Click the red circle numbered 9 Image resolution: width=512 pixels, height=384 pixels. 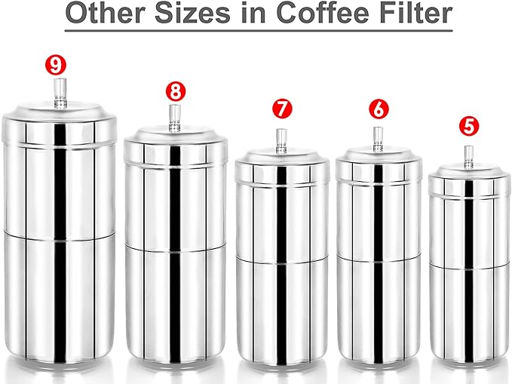coord(54,64)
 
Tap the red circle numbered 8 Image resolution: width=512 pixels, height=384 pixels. coord(175,92)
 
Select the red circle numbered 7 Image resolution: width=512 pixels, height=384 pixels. coord(282,109)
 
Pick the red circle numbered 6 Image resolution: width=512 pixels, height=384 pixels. coord(379,109)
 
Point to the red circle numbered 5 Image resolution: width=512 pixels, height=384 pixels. coord(468,124)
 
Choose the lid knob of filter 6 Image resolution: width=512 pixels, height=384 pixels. coord(379,137)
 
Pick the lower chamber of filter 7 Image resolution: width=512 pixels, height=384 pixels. coord(282,306)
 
